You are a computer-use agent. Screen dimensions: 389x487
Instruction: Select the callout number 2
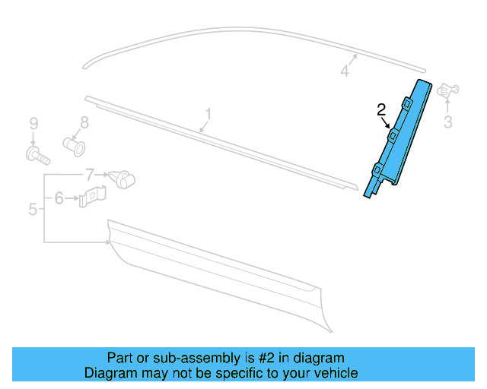tap(382, 110)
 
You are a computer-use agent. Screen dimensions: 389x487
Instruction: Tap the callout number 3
tap(447, 122)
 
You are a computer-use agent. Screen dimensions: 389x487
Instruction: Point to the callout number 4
tap(344, 71)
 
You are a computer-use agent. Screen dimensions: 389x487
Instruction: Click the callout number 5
tap(33, 209)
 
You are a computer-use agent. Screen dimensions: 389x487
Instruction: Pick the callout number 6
tap(59, 198)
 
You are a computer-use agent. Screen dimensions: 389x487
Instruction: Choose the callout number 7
tap(89, 174)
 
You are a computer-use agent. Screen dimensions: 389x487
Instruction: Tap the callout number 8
tap(84, 122)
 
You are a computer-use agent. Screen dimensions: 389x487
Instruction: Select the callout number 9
tap(33, 123)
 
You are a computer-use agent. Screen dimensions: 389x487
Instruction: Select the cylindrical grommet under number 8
tap(74, 143)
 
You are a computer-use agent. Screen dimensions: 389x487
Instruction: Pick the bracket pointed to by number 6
tap(93, 198)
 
